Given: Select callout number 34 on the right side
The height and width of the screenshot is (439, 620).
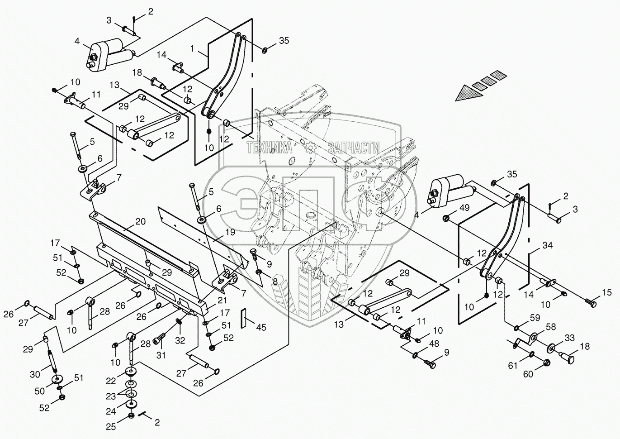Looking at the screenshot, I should (548, 246).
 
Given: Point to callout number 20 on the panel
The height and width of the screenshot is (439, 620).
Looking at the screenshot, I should (141, 222).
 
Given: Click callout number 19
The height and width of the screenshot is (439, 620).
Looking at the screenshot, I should (230, 233).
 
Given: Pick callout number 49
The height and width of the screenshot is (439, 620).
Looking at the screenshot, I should (464, 208).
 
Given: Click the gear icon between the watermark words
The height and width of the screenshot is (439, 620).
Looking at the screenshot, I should (310, 147).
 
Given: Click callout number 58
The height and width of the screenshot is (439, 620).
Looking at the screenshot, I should (550, 327).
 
